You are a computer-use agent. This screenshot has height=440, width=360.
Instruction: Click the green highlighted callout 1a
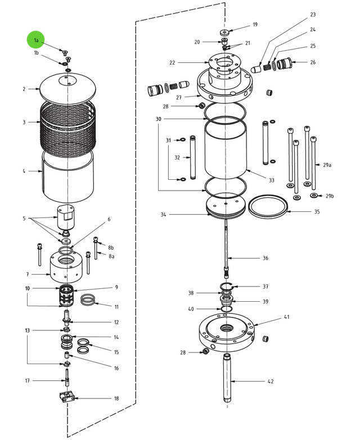coord(35,40)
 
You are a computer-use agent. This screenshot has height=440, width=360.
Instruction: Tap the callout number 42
coord(271,382)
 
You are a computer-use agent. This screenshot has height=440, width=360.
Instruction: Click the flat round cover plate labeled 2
coord(68,87)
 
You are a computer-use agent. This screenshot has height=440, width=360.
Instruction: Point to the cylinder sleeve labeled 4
coord(68,177)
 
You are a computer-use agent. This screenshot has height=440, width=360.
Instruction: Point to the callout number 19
coord(255,25)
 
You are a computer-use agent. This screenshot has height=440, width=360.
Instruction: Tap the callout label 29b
coord(330,196)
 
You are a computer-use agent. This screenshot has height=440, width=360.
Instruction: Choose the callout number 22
coord(172,62)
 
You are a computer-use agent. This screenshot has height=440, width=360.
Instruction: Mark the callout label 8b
coord(111,247)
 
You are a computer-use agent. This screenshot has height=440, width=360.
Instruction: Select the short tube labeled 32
coord(193,157)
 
